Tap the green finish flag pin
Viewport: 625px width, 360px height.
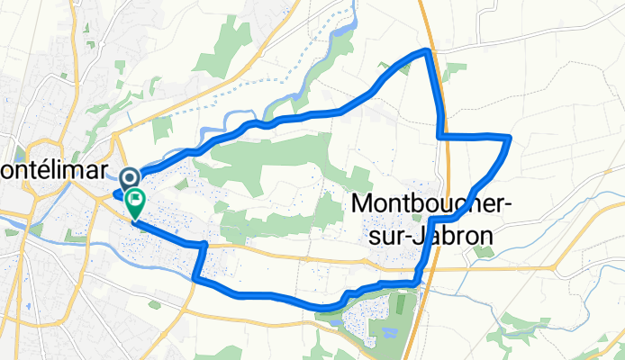(135, 203)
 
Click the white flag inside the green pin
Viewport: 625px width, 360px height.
(135, 199)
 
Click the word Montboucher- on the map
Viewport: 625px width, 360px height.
(430, 205)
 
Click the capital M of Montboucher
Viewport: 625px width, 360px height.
(359, 205)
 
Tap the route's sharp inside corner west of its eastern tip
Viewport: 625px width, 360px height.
(440, 135)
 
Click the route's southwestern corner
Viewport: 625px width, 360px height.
(195, 280)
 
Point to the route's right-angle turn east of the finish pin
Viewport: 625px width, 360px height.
(205, 245)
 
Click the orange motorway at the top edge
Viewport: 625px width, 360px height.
(422, 9)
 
